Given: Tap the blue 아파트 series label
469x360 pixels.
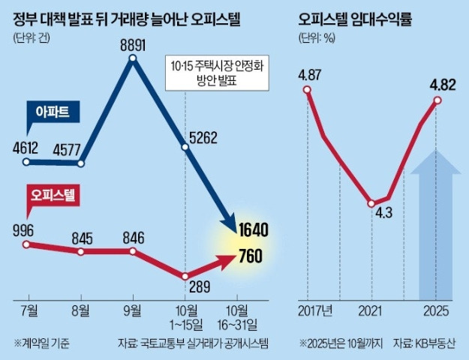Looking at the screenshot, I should pos(51,112).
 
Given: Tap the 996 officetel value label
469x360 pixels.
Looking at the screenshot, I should pos(26,229).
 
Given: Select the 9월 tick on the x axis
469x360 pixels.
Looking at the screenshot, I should pos(133,310).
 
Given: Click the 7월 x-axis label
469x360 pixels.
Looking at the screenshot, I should pos(27,310).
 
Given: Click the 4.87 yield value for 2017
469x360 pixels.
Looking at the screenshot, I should pos(310,74).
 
